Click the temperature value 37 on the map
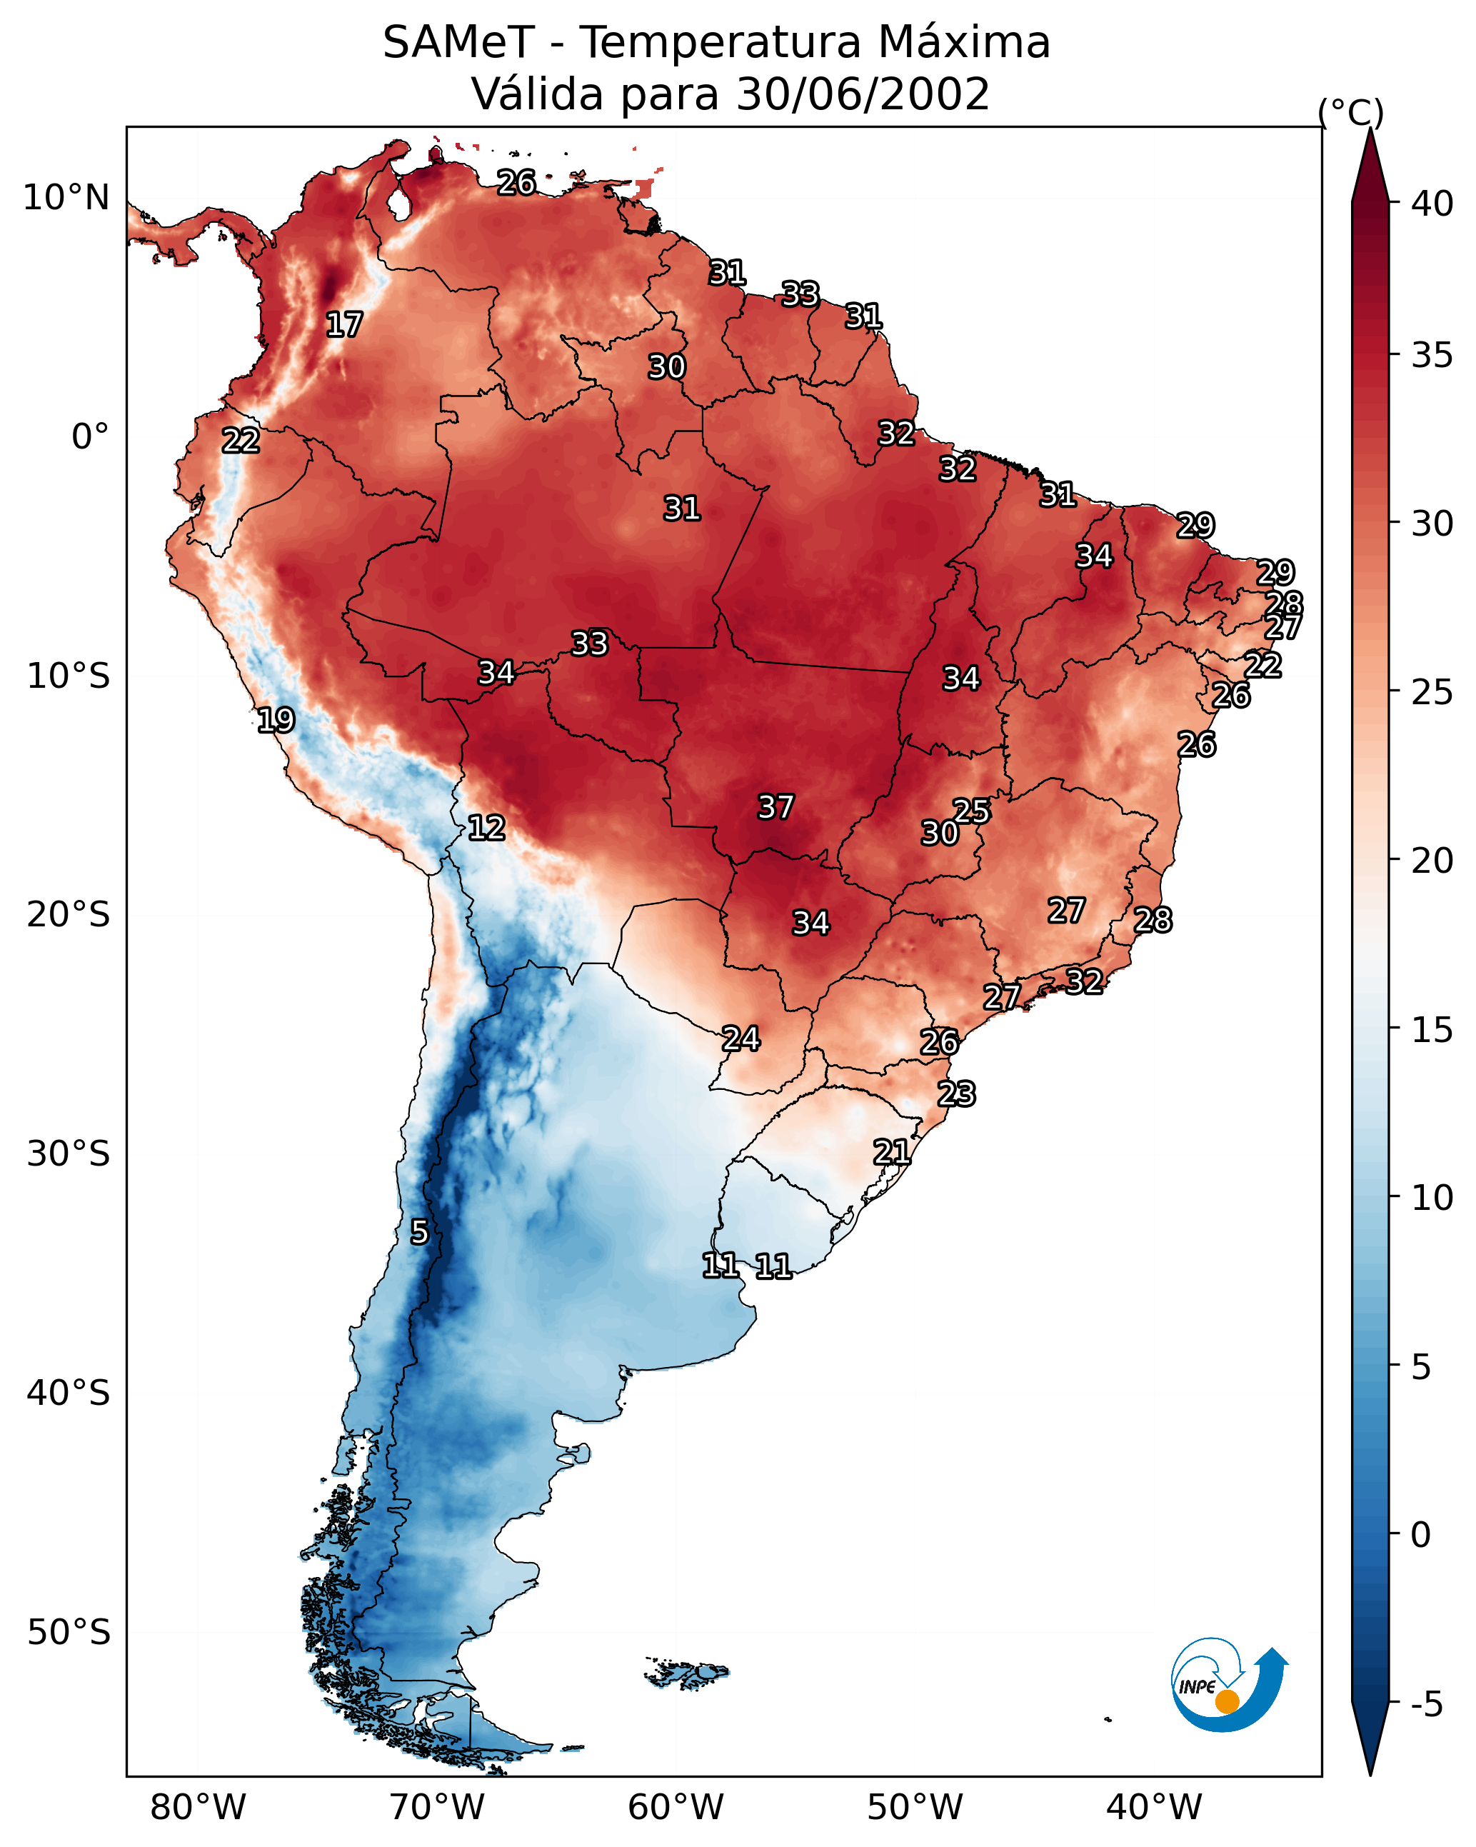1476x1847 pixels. click(x=775, y=807)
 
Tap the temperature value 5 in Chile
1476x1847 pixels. click(x=419, y=1232)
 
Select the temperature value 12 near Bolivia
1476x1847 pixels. click(x=486, y=828)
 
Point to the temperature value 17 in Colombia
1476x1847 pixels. click(x=344, y=325)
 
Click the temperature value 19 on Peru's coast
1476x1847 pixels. click(x=276, y=720)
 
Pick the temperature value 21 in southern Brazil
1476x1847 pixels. click(x=891, y=1152)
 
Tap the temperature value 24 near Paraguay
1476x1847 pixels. click(x=740, y=1038)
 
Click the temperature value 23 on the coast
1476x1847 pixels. click(x=956, y=1094)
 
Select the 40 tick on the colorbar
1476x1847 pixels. click(x=1432, y=204)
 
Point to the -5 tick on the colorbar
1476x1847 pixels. click(x=1426, y=1704)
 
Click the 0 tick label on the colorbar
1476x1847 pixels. click(x=1420, y=1535)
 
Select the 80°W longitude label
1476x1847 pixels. click(x=198, y=1807)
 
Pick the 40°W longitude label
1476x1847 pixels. click(x=1154, y=1807)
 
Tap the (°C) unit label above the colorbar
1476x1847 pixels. click(x=1350, y=112)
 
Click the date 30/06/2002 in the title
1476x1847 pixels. click(x=863, y=94)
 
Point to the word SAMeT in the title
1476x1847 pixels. click(x=458, y=43)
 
